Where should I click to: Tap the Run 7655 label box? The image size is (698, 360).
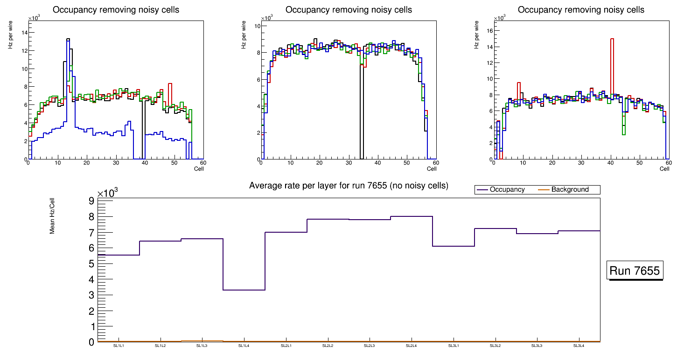click(x=635, y=270)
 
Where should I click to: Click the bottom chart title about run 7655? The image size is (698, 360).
click(x=349, y=186)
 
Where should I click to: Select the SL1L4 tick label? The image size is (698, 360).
click(x=244, y=346)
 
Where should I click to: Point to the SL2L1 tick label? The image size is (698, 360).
click(x=286, y=346)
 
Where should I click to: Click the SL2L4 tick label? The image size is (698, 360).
click(x=411, y=346)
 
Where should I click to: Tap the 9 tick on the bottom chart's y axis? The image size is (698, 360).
click(x=91, y=201)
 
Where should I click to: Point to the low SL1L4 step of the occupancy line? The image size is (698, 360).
click(x=244, y=290)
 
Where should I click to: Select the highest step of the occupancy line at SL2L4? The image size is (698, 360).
click(x=411, y=216)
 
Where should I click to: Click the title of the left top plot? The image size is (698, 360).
click(x=116, y=10)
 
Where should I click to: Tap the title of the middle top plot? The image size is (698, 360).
click(x=349, y=10)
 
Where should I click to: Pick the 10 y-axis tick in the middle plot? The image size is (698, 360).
click(x=256, y=26)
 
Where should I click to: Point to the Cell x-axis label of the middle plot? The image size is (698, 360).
click(x=431, y=169)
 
